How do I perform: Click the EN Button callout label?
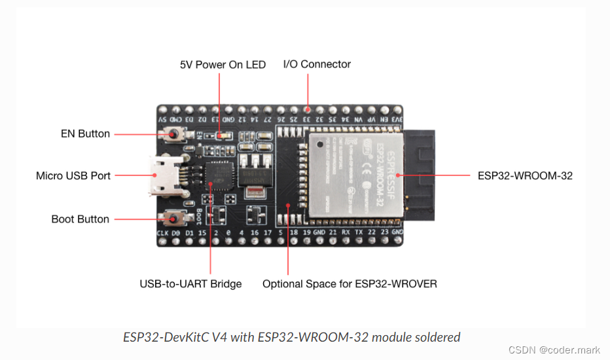85,134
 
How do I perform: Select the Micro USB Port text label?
73,175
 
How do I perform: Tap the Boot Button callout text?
80,219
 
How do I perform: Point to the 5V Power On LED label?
223,65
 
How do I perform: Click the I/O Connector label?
317,64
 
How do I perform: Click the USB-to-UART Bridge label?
190,284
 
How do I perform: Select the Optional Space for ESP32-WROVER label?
350,284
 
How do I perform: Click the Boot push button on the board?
175,218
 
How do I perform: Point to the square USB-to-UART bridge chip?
218,175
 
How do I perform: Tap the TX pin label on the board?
359,233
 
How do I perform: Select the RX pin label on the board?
347,233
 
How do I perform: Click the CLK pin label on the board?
163,233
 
